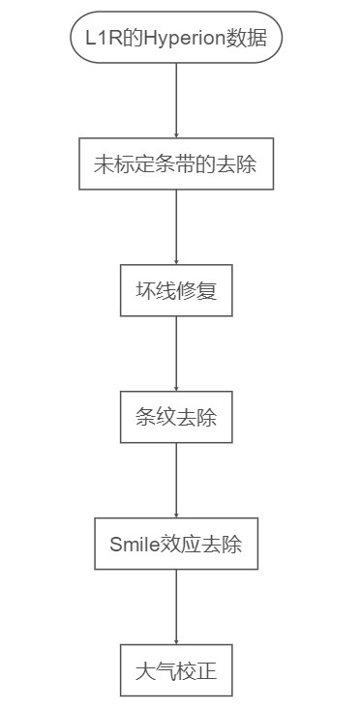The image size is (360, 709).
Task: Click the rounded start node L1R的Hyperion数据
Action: click(x=176, y=39)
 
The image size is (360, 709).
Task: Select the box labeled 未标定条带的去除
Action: click(x=176, y=163)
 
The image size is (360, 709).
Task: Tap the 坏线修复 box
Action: click(x=176, y=290)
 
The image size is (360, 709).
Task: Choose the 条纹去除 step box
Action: click(x=176, y=417)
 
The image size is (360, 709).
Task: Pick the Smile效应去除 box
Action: click(x=176, y=544)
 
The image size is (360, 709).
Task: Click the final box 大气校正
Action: click(x=176, y=670)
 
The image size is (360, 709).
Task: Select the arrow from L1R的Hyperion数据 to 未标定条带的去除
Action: click(x=176, y=101)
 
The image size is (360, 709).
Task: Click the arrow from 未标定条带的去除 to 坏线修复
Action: click(x=176, y=227)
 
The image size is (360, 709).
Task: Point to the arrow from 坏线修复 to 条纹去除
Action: click(x=176, y=354)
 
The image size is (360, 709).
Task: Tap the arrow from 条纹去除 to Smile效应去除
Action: click(x=176, y=481)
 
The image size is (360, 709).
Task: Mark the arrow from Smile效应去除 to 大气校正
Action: click(x=176, y=607)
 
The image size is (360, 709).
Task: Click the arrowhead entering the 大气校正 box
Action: click(x=176, y=640)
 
